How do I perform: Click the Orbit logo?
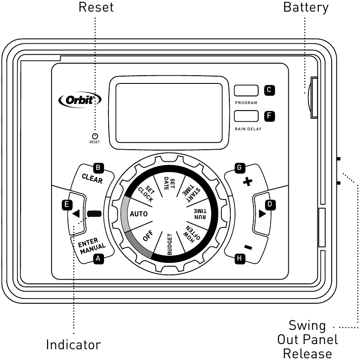point(80,99)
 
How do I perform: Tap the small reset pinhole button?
point(95,136)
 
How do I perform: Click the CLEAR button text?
point(92,178)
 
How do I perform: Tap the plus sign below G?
point(247,182)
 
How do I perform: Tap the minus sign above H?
point(248,247)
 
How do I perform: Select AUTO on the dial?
point(139,213)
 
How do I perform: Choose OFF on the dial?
point(148,237)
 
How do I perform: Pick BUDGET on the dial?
point(169,245)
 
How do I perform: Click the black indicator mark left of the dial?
point(95,214)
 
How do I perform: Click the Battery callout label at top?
point(305,7)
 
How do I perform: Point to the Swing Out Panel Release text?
point(307,339)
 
